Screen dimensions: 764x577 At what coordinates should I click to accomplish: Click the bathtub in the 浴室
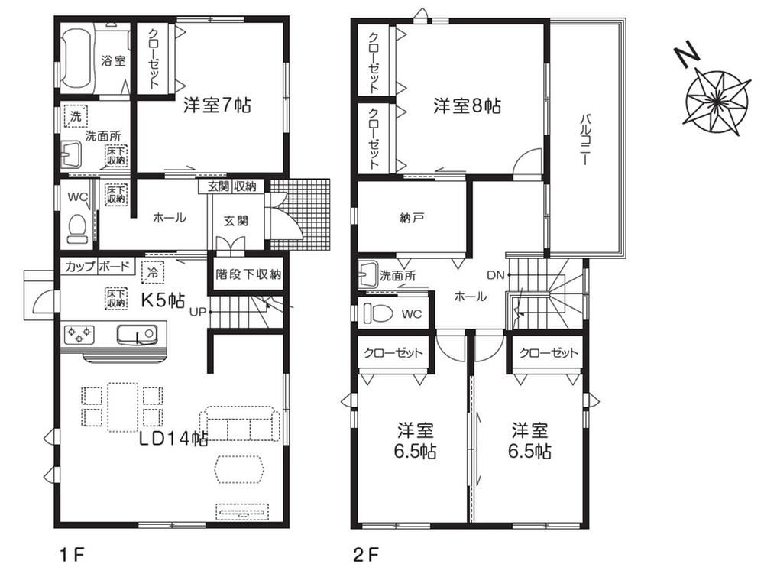(x=78, y=59)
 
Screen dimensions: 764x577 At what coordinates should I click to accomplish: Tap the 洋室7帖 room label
(x=217, y=105)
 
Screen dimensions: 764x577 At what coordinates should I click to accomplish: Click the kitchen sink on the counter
(x=137, y=334)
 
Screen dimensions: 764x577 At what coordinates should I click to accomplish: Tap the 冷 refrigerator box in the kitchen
(x=153, y=272)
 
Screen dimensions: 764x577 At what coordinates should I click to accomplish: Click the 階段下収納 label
(x=248, y=274)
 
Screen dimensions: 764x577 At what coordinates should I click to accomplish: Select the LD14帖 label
(x=173, y=439)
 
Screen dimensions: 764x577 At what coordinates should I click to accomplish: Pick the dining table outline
(x=122, y=407)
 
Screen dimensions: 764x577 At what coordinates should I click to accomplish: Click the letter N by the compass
(x=687, y=53)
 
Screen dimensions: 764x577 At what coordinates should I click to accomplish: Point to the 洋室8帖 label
(x=468, y=105)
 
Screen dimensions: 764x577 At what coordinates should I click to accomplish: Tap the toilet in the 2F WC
(x=379, y=313)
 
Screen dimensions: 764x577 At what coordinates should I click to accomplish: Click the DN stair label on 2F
(x=496, y=275)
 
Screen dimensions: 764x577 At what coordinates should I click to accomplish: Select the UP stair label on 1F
(x=198, y=312)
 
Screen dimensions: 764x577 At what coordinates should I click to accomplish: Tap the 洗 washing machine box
(x=76, y=117)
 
